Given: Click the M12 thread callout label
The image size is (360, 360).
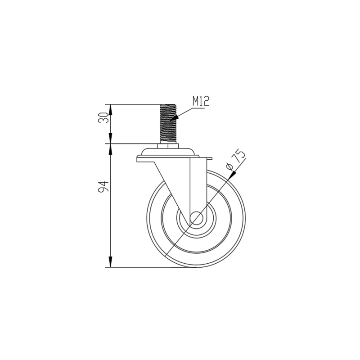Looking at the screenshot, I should coord(201,101).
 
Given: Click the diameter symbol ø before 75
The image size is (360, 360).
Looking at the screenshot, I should coord(230,167).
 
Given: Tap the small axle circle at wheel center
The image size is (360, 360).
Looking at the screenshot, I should coord(197,219).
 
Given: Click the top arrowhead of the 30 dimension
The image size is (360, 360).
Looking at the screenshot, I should coord(111,108).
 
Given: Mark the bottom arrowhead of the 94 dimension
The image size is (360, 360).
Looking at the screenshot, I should coord(111,264).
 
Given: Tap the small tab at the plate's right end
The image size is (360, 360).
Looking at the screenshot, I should coord(209,159).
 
